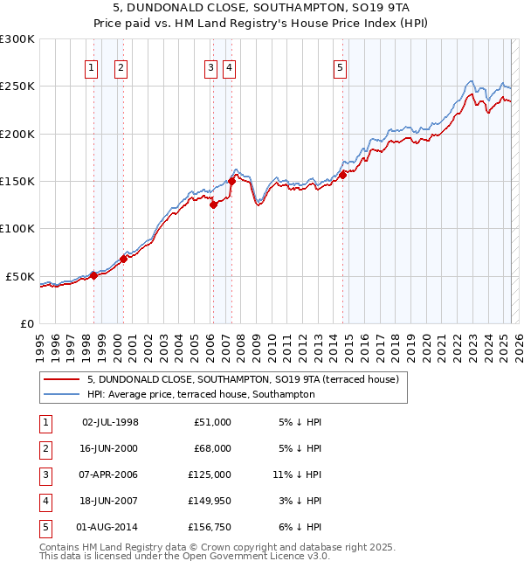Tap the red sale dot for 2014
pyautogui.click(x=343, y=175)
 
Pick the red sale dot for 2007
pyautogui.click(x=232, y=182)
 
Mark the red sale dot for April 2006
pyautogui.click(x=213, y=205)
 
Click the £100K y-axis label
pyautogui.click(x=18, y=228)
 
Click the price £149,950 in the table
pyautogui.click(x=210, y=501)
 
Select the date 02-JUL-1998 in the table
pyautogui.click(x=110, y=422)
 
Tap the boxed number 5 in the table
pyautogui.click(x=45, y=527)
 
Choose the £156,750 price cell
pyautogui.click(x=210, y=527)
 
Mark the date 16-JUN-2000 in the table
pyautogui.click(x=110, y=448)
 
